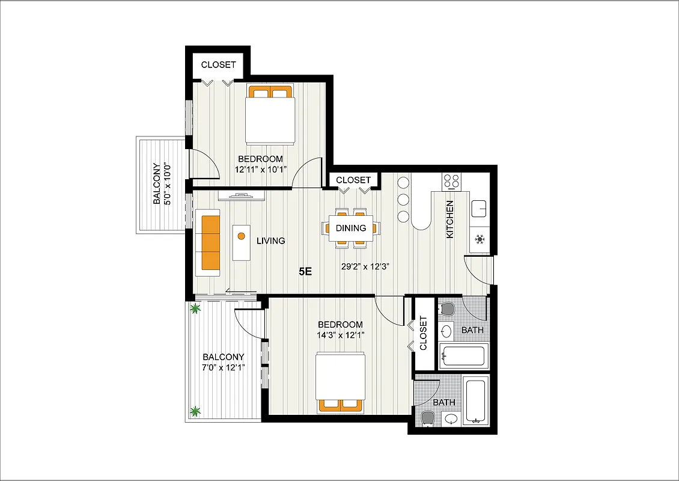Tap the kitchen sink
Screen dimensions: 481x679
[x=480, y=208]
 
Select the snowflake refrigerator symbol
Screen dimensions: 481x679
[x=480, y=239]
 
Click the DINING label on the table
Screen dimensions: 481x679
[x=351, y=228]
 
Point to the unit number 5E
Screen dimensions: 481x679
[x=305, y=271]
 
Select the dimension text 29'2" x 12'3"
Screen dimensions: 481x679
[x=366, y=267]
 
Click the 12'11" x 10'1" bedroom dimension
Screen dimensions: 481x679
[x=260, y=170]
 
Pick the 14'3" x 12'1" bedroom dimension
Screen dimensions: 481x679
[x=340, y=335]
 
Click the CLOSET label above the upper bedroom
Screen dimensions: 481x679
[x=218, y=65]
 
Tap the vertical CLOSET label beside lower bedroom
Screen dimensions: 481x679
[x=423, y=334]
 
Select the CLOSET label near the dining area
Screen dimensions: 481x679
[x=353, y=180]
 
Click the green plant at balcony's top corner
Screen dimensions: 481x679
[x=195, y=310]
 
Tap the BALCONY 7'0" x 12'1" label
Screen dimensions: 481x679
[x=223, y=362]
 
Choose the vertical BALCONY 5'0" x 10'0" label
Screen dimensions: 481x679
[x=161, y=184]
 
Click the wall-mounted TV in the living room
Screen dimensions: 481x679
[x=241, y=195]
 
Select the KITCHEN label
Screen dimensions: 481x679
[x=449, y=219]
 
